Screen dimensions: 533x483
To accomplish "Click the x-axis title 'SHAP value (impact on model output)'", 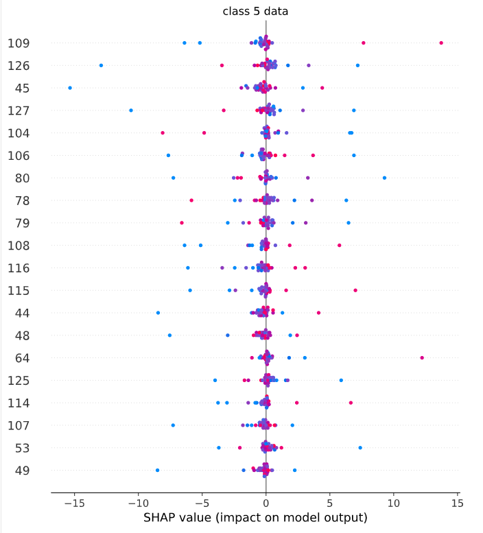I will pyautogui.click(x=255, y=517).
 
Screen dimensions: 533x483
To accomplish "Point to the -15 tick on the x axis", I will pyautogui.click(x=74, y=501).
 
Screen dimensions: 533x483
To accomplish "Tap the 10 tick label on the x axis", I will pyautogui.click(x=394, y=501).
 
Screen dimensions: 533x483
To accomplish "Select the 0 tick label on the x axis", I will pyautogui.click(x=266, y=501).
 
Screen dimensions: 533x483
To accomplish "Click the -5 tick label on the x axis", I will pyautogui.click(x=202, y=501).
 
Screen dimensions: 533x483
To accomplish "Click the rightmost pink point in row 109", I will pyautogui.click(x=441, y=43).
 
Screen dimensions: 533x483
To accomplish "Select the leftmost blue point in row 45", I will pyautogui.click(x=70, y=88).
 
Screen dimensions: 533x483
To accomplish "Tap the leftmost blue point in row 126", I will pyautogui.click(x=102, y=65).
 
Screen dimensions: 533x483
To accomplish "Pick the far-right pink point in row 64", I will pyautogui.click(x=422, y=357).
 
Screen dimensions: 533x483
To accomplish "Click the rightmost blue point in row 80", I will pyautogui.click(x=384, y=178).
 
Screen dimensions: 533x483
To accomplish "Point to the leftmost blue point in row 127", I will pyautogui.click(x=131, y=110).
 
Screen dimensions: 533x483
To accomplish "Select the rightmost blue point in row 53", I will pyautogui.click(x=360, y=448).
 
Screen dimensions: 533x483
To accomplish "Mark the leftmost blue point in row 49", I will pyautogui.click(x=158, y=470).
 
